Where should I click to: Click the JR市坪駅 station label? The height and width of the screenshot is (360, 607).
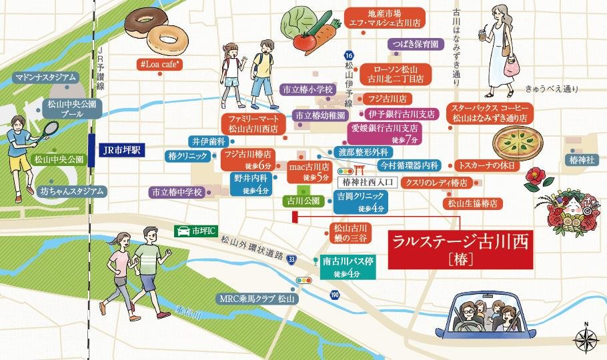119,149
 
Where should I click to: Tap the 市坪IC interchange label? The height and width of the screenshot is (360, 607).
195,231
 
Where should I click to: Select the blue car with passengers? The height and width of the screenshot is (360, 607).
481,317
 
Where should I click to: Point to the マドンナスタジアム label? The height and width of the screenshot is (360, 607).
45,78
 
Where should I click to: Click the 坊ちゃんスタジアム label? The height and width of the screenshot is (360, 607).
72,191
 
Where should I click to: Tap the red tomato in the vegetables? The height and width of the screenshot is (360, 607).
304,41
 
